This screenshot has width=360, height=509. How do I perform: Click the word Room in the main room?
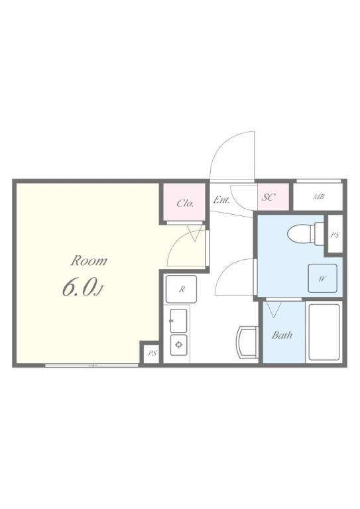tap(89, 260)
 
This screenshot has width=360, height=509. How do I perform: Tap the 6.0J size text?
tap(83, 288)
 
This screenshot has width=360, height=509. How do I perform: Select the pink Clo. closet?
tap(185, 203)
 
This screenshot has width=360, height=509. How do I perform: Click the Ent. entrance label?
tap(221, 199)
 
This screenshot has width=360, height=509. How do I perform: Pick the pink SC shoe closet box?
tap(269, 198)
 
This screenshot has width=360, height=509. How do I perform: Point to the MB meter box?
tap(319, 197)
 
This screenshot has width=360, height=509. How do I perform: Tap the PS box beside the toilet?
tap(335, 235)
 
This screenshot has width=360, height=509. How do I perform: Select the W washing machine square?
tap(322, 278)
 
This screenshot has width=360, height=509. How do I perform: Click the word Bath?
tap(282, 335)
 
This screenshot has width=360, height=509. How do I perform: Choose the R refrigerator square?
tap(182, 290)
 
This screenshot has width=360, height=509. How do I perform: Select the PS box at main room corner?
tap(152, 353)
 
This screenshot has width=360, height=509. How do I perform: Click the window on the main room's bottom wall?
tap(92, 365)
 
